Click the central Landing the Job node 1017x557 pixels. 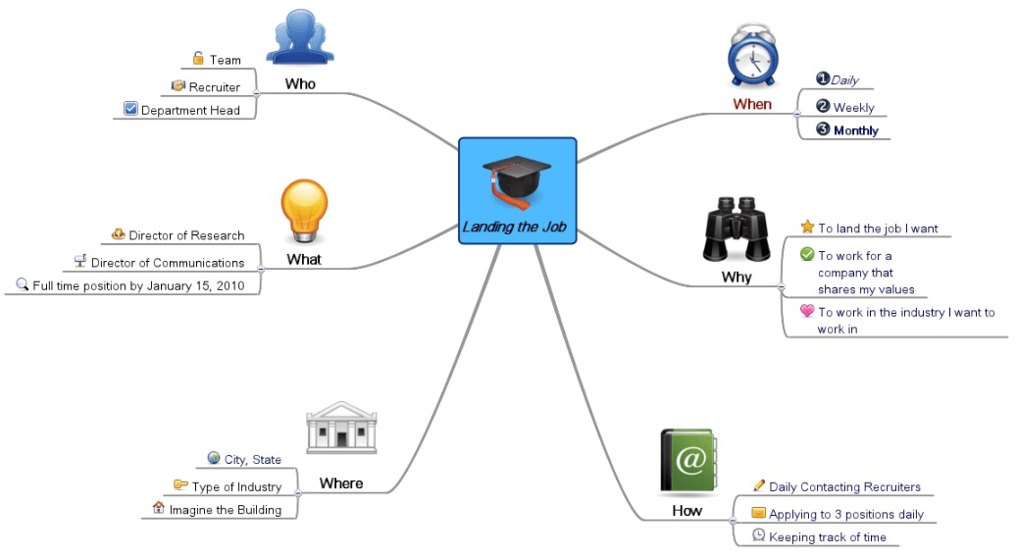pos(517,190)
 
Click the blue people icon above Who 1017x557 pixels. pos(300,37)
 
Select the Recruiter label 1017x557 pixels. pos(215,87)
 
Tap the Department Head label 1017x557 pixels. pos(190,111)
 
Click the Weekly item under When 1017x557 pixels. pos(853,108)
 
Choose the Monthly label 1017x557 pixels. pos(855,130)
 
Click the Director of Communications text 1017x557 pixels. pos(168,263)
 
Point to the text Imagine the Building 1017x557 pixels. pos(225,510)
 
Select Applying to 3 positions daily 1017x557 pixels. pos(845,514)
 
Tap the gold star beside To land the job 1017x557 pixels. pos(808,227)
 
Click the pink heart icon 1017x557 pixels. pos(807,311)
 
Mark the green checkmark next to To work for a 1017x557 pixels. pos(807,255)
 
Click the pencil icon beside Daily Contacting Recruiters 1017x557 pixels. pos(759,485)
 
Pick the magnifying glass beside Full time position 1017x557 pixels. pos(23,285)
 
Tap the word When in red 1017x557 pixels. pos(752,104)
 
